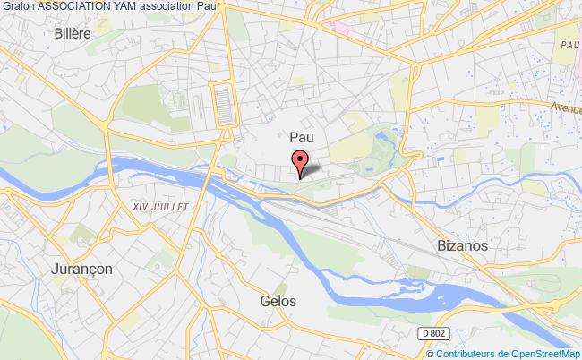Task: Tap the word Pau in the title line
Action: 207,6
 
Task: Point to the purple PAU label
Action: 567,43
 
